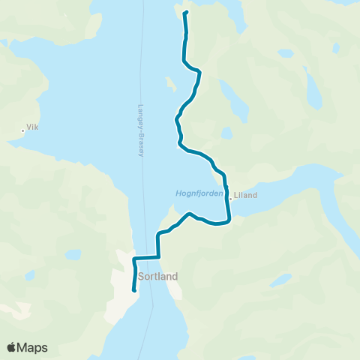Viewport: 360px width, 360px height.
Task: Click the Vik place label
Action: pos(32,127)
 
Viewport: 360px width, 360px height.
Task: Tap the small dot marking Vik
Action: pos(23,130)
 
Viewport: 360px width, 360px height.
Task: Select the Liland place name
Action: pos(245,196)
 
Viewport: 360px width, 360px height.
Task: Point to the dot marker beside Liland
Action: pos(231,196)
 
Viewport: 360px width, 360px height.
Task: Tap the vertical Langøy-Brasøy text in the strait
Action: pos(141,130)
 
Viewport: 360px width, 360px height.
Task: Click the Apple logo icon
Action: pos(12,347)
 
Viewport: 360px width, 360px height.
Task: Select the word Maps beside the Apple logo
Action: pos(34,347)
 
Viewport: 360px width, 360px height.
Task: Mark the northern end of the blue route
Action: pos(185,13)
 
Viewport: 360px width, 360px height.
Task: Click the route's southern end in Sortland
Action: pos(134,290)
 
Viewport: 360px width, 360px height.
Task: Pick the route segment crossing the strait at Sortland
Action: pos(147,258)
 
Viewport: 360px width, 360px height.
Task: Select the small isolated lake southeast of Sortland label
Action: pos(280,280)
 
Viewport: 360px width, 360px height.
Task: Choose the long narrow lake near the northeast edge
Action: pos(313,86)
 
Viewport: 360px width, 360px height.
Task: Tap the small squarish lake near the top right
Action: pos(286,53)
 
